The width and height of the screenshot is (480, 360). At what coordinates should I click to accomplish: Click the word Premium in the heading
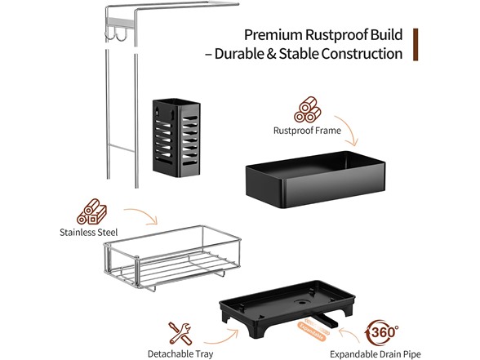tap(273, 35)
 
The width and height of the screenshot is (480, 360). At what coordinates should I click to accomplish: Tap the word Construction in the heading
tap(362, 54)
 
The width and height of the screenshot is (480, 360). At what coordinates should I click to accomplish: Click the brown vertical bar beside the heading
tap(416, 44)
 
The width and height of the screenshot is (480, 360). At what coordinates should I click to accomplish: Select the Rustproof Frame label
tap(307, 131)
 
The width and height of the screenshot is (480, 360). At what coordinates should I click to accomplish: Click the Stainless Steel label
tap(88, 233)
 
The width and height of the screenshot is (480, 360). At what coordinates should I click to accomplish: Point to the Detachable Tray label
tap(180, 354)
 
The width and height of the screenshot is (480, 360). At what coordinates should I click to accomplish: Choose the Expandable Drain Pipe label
tap(376, 354)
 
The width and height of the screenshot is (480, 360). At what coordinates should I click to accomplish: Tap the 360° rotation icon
tap(381, 332)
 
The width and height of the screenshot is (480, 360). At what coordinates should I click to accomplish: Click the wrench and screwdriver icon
tap(180, 334)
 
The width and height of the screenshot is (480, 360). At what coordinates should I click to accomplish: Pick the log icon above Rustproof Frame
tap(307, 109)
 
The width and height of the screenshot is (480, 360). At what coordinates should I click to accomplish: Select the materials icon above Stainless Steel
tap(91, 212)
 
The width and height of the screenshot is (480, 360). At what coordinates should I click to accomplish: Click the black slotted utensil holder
tap(176, 138)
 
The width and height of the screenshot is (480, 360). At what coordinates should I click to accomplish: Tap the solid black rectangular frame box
tap(316, 180)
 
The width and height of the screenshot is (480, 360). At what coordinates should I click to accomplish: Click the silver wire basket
tap(172, 258)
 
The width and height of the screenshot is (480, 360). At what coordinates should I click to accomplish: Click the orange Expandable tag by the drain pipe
tap(311, 331)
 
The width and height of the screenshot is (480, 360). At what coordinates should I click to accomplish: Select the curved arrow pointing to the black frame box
tap(349, 128)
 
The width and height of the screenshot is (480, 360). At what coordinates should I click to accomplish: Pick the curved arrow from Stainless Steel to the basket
tap(144, 214)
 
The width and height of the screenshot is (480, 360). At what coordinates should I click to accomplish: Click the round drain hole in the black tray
tap(302, 302)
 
